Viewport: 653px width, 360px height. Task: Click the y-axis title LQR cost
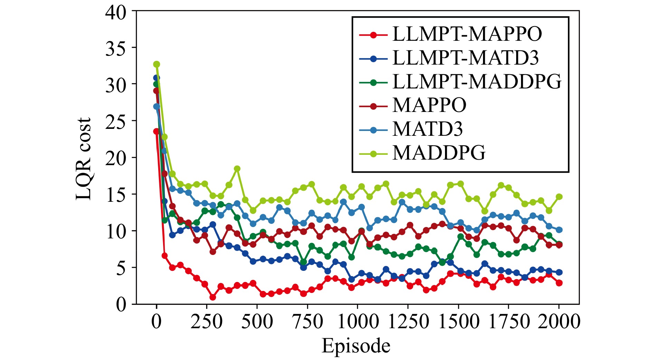click(84, 159)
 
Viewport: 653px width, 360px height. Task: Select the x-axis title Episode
click(356, 345)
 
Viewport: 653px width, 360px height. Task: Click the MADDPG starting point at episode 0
click(157, 64)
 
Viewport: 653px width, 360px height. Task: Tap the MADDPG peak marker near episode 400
click(237, 169)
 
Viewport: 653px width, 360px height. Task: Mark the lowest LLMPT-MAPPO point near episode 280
click(213, 297)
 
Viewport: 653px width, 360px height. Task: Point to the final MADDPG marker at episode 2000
click(559, 197)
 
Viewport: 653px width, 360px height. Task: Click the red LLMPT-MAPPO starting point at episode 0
click(157, 131)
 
